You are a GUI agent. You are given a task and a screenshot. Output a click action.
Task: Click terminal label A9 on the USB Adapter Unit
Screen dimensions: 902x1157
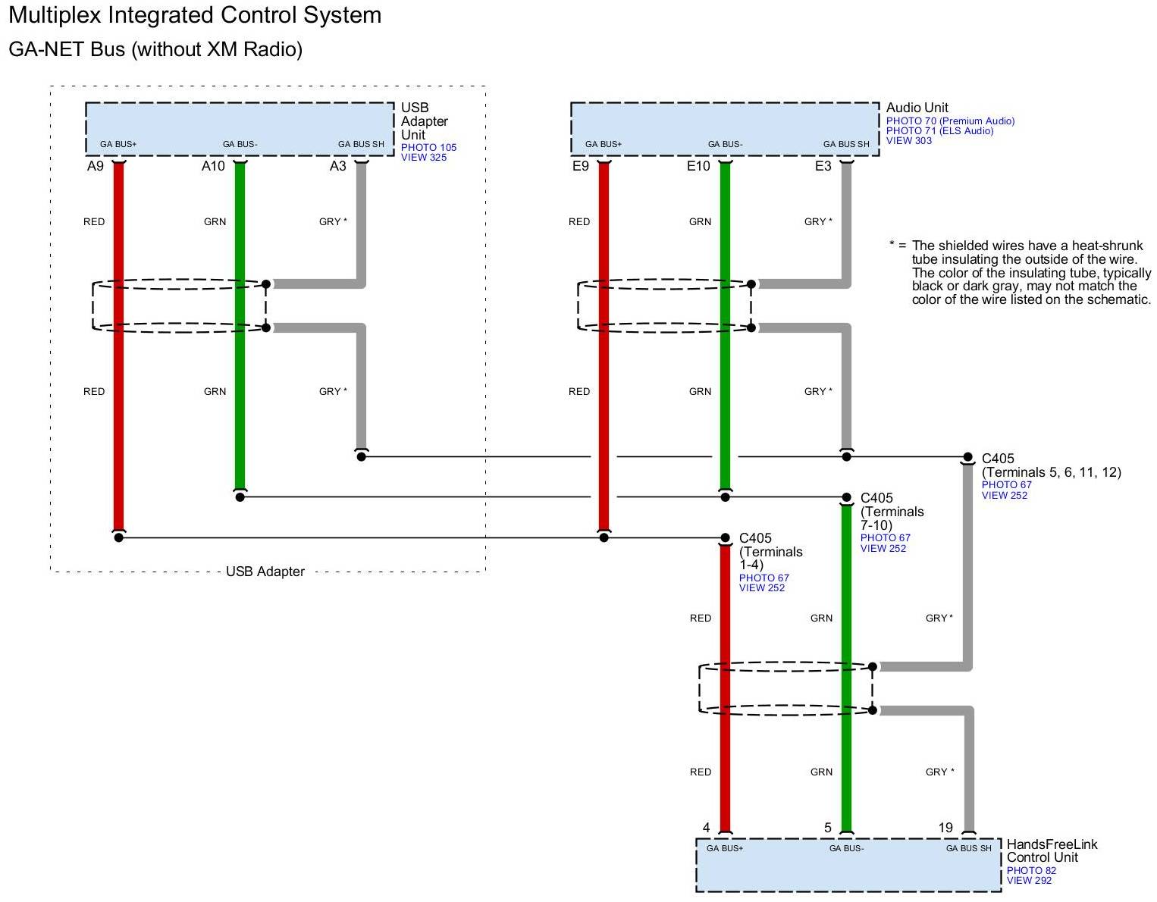pyautogui.click(x=95, y=166)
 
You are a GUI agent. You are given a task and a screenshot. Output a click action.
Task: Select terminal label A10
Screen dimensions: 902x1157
pyautogui.click(x=213, y=166)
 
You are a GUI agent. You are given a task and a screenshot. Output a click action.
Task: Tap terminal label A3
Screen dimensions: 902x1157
pyautogui.click(x=337, y=166)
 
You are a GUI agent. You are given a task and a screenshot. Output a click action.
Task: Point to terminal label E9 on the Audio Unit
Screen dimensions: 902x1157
pyautogui.click(x=580, y=166)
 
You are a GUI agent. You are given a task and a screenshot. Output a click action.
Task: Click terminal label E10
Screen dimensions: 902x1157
pyautogui.click(x=698, y=166)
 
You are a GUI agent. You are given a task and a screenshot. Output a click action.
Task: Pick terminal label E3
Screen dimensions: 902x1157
pyautogui.click(x=823, y=166)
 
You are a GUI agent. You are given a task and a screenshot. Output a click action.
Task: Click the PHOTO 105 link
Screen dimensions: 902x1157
pyautogui.click(x=428, y=147)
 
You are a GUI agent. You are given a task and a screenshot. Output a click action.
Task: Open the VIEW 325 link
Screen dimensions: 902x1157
pyautogui.click(x=424, y=157)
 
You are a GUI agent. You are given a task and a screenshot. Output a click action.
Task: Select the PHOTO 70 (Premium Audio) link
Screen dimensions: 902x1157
pyautogui.click(x=950, y=121)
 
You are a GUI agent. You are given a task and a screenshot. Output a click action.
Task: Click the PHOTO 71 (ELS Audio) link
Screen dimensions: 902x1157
pyautogui.click(x=939, y=130)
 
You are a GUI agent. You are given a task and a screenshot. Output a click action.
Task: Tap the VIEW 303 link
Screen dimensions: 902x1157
pyautogui.click(x=909, y=140)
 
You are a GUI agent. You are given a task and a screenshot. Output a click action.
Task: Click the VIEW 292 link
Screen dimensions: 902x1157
pyautogui.click(x=1029, y=880)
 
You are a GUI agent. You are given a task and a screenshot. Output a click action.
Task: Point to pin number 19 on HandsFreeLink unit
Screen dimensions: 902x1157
pyautogui.click(x=945, y=828)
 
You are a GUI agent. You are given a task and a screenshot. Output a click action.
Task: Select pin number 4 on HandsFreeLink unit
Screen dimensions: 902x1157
pyautogui.click(x=706, y=828)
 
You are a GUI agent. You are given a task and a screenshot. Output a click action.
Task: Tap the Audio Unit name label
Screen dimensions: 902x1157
pyautogui.click(x=917, y=108)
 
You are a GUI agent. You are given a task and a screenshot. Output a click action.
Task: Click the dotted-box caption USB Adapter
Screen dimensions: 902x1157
pyautogui.click(x=265, y=572)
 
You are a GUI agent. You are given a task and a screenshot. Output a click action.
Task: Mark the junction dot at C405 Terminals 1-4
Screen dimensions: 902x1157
pyautogui.click(x=725, y=538)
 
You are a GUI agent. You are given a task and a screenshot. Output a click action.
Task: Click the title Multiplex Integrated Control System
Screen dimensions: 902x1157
pyautogui.click(x=195, y=15)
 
